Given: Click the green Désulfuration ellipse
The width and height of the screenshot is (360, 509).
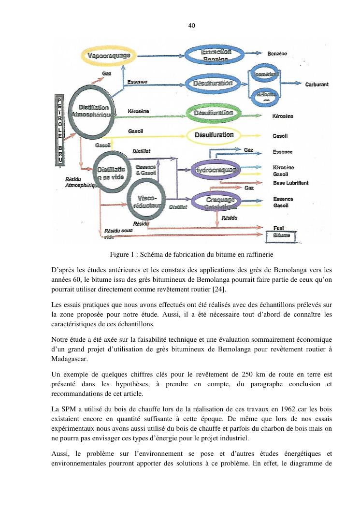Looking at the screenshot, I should (x=213, y=113).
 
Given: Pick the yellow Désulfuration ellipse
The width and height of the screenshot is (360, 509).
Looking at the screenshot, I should (x=214, y=135).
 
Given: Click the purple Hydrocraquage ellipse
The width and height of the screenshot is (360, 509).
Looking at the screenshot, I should (x=216, y=170).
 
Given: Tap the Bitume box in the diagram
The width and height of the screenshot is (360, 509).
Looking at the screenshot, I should (x=282, y=235).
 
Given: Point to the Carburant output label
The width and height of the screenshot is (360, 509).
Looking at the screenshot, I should (x=317, y=85).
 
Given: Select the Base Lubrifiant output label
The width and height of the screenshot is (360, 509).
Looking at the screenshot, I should (x=290, y=183).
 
